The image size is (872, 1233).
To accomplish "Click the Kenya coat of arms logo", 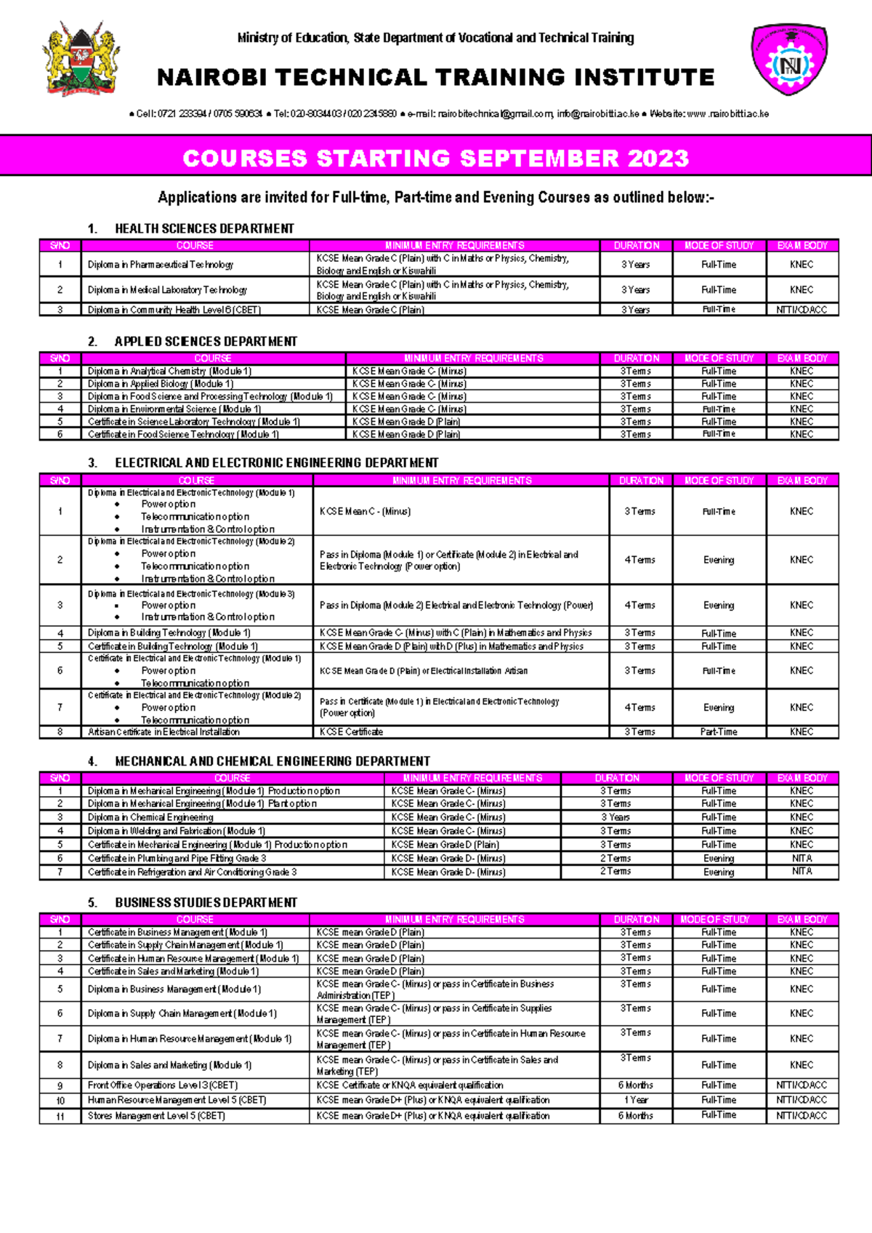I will click(81, 59).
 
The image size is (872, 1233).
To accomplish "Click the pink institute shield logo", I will click(790, 60).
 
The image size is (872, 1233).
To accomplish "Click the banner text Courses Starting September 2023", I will click(435, 158).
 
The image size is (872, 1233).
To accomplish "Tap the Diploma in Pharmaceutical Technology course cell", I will click(161, 265).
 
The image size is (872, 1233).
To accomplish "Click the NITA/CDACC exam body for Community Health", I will click(802, 310).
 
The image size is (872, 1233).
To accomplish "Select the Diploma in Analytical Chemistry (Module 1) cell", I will click(169, 371).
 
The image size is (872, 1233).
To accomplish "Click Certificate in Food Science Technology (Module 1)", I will click(183, 434).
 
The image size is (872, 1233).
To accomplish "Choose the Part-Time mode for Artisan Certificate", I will click(719, 732).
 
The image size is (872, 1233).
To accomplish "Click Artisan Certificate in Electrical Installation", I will click(163, 732).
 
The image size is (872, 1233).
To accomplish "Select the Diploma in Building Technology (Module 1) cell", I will click(169, 633).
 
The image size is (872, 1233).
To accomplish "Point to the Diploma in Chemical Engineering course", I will click(150, 817).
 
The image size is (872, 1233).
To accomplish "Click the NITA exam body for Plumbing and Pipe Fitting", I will click(802, 858).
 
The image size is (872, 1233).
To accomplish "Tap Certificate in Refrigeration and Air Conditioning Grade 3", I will click(192, 872).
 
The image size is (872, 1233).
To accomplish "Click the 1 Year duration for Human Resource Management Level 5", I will click(636, 1100).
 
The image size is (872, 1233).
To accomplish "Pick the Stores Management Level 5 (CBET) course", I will click(156, 1115).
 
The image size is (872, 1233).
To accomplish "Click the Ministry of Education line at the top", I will click(435, 38).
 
